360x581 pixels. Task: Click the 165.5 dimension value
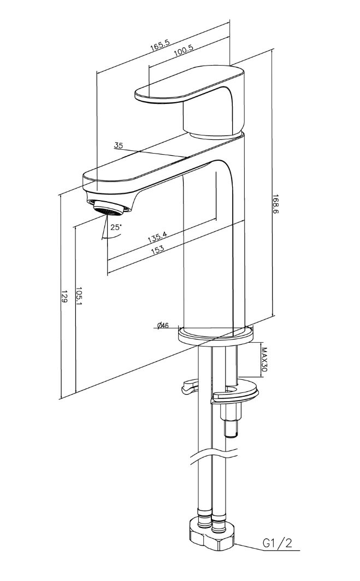click(160, 45)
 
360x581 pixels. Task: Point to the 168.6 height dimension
click(275, 204)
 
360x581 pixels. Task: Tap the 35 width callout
click(118, 145)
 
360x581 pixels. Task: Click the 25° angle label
click(116, 227)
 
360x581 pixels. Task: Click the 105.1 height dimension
click(79, 296)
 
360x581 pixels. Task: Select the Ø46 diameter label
click(163, 326)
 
